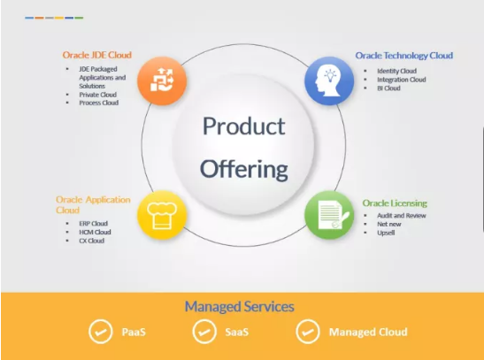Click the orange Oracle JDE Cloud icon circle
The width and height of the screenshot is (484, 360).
click(162, 80)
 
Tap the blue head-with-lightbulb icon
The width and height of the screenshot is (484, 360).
click(329, 80)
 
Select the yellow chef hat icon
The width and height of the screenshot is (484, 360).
click(162, 215)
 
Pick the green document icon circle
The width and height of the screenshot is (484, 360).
click(329, 215)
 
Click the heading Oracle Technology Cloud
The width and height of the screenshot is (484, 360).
click(404, 56)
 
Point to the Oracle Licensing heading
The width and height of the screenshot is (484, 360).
click(395, 203)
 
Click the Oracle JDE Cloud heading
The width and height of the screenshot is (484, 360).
click(97, 55)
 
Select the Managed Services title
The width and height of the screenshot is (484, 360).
click(239, 307)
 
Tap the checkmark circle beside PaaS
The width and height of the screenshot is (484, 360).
click(100, 332)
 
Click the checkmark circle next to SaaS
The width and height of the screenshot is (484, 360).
click(204, 332)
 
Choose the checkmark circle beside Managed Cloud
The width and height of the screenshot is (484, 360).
click(308, 332)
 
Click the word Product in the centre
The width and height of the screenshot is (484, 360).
click(244, 126)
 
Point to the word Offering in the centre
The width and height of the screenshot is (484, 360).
click(244, 169)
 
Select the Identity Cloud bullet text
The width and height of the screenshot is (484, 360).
click(396, 71)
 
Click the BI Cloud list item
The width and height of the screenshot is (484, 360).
click(388, 88)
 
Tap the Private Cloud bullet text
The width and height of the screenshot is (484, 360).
click(97, 95)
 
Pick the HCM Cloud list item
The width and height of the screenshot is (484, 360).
click(95, 232)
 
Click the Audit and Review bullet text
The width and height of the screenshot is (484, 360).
click(402, 216)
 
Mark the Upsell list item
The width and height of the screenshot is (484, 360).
click(386, 233)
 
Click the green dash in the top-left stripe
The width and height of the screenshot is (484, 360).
click(79, 18)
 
